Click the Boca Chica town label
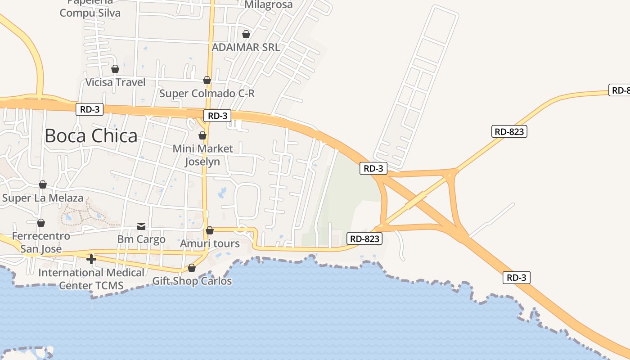91,135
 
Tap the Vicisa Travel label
116,82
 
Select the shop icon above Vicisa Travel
115,69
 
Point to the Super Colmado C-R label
207,94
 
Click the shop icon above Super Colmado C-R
207,80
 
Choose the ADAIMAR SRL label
246,47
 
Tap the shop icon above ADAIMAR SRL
246,34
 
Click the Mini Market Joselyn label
203,155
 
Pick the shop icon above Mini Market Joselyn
202,135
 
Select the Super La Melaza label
43,198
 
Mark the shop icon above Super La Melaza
43,184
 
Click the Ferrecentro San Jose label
41,242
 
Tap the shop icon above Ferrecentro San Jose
41,223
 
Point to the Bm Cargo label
141,239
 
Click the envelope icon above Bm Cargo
141,226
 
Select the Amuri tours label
210,244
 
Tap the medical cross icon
91,259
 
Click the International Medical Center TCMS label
91,279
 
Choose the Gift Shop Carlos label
192,281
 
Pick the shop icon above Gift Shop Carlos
192,268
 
